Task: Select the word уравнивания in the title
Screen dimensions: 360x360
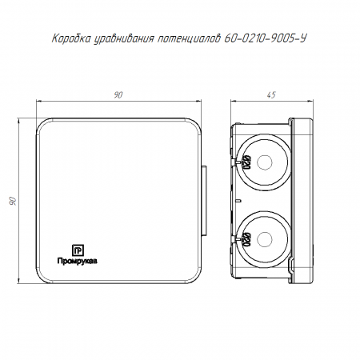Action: [124, 39]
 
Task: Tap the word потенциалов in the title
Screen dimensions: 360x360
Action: [189, 38]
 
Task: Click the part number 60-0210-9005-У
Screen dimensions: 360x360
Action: [265, 38]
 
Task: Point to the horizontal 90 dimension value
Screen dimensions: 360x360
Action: [118, 95]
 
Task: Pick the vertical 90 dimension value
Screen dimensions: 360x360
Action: [13, 201]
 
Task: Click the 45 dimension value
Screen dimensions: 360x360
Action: [271, 95]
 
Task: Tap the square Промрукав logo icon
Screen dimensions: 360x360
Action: [78, 250]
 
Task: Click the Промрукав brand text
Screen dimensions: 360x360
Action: [78, 261]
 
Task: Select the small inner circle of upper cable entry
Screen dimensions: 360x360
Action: [265, 162]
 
